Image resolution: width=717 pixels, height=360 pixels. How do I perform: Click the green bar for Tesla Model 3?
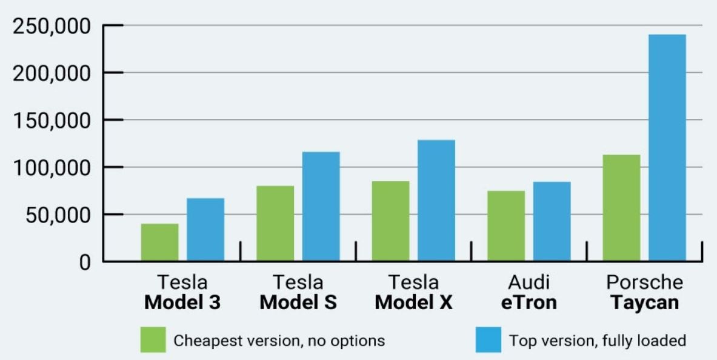tap(160, 242)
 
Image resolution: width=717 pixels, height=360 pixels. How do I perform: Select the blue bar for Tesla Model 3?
tap(205, 230)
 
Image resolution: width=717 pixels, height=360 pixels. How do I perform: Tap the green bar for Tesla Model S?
tap(275, 224)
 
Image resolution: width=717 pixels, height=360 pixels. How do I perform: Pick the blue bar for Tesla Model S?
tap(321, 207)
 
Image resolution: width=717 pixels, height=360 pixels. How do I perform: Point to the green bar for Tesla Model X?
tap(390, 221)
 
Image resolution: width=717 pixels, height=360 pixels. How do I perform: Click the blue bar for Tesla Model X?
tap(436, 201)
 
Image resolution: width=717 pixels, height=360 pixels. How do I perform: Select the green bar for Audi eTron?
tap(506, 226)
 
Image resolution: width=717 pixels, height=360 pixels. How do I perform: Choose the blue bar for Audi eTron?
tap(552, 222)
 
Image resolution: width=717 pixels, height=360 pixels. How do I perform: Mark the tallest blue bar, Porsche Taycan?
tap(667, 148)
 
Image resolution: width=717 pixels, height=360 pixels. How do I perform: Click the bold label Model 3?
tap(182, 302)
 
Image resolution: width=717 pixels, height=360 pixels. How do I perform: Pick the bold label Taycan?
tap(644, 302)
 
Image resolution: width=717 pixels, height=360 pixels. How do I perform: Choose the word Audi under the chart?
tap(529, 282)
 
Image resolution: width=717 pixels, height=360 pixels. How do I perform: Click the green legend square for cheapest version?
tap(153, 340)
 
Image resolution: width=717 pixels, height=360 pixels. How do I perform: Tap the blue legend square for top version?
tap(489, 340)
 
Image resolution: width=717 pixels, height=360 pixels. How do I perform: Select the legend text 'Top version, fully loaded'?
tap(598, 341)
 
